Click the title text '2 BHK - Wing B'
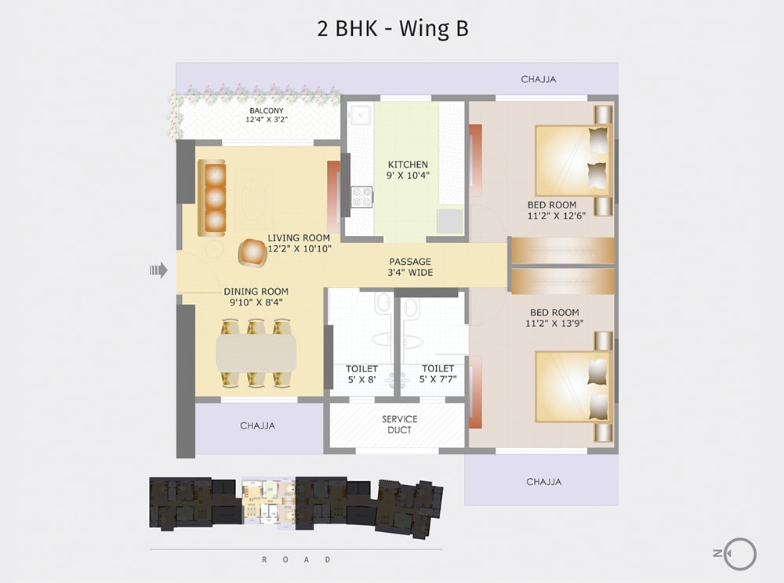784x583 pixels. coord(393,29)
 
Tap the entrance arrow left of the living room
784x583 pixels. coord(159,270)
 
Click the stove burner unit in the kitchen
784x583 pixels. coord(361,196)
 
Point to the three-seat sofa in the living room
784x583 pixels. coord(212,197)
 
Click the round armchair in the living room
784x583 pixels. coord(252,252)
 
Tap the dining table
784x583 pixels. coord(256,353)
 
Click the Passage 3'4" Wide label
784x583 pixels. coord(410,267)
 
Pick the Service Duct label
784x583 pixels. coord(399,424)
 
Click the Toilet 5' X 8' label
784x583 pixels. coord(361,374)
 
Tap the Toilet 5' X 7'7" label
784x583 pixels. coord(437,374)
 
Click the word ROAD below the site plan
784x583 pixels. coord(296,559)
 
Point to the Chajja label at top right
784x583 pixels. coord(539,79)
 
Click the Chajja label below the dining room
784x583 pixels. coord(257,425)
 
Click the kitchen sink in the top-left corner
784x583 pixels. coord(360,115)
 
